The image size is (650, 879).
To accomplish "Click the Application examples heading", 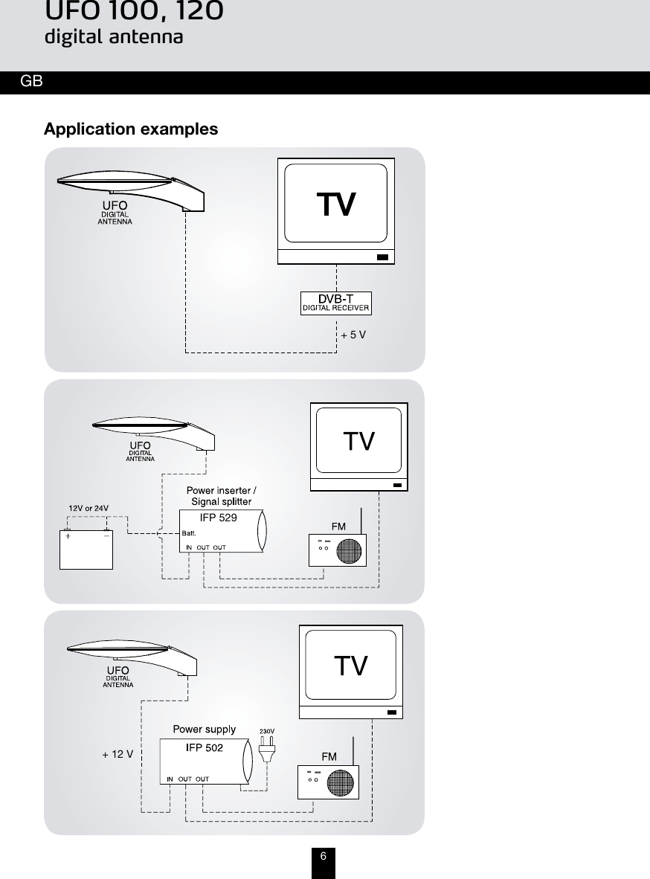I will pos(131,129).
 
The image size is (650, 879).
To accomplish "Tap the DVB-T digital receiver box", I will pos(335,303).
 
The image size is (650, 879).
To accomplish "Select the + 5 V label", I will pos(353,335).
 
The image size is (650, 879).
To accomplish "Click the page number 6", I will pos(324,856).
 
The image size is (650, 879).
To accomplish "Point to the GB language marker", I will pos(31,81).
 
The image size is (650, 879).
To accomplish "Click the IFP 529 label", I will pos(219,518).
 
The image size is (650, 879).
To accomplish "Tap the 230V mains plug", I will pos(268,750).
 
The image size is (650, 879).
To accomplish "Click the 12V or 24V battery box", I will pos(86,548).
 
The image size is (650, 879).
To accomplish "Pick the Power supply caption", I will pos(205,729).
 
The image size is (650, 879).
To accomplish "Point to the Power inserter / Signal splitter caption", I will pos(221,496).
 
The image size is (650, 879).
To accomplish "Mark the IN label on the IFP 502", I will pos(170,779).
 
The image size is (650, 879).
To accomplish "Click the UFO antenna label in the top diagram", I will pos(115,211).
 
